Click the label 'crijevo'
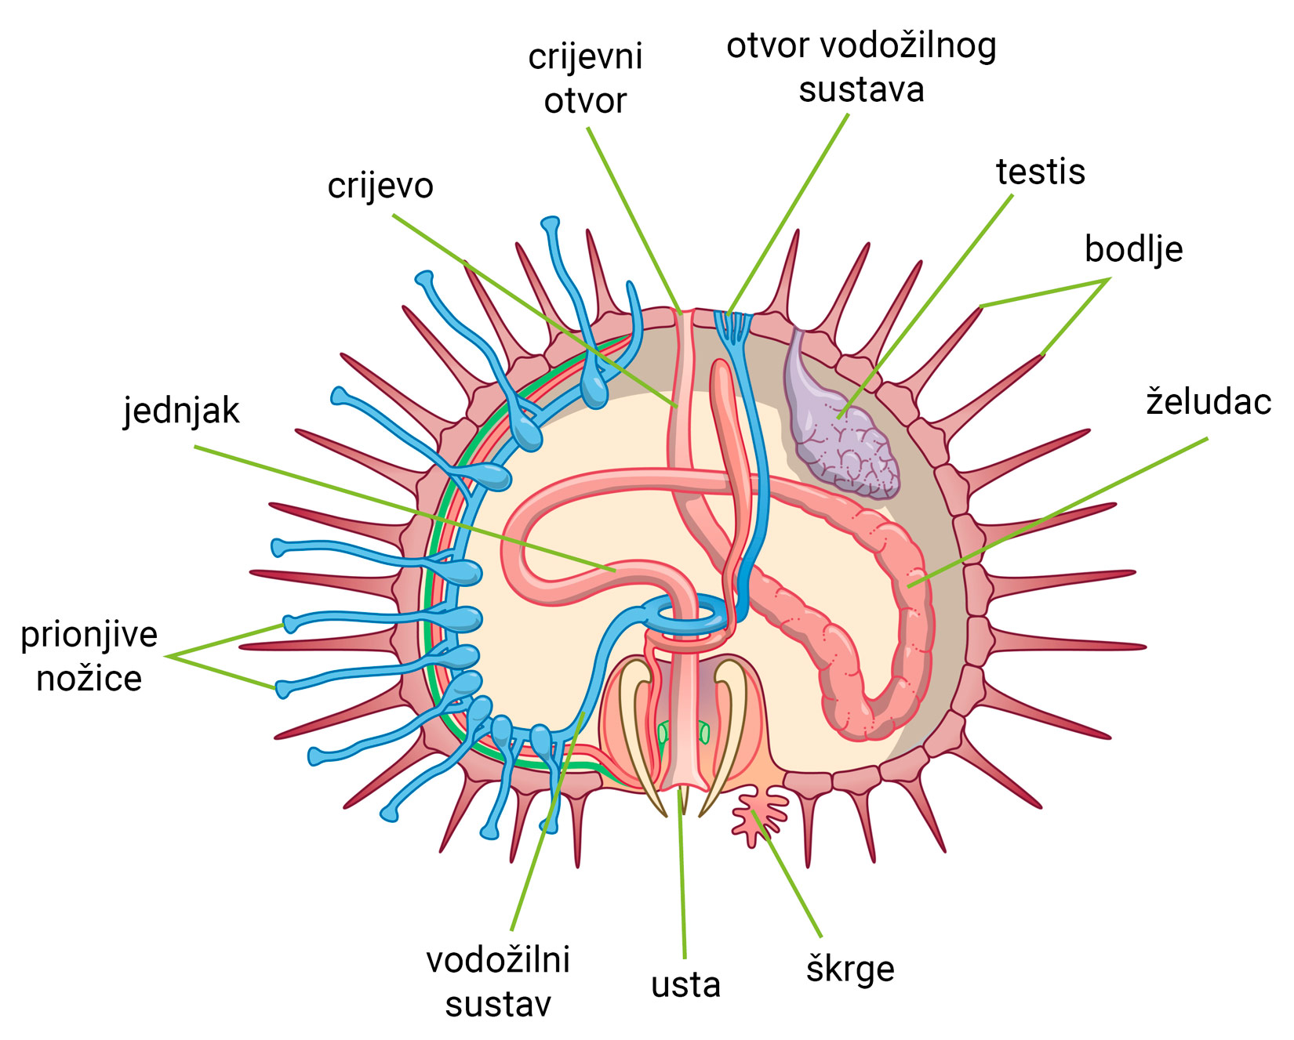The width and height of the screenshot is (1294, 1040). [x=380, y=187]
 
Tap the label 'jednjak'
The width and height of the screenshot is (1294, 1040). [x=181, y=411]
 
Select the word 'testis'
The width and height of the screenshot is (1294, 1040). [x=1041, y=172]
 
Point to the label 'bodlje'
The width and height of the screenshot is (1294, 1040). [x=1133, y=249]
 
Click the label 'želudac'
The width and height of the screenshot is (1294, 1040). [x=1209, y=402]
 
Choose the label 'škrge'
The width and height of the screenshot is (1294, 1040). [x=850, y=969]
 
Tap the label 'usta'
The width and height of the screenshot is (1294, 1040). [x=685, y=985]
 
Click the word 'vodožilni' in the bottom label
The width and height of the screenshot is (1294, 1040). [x=498, y=960]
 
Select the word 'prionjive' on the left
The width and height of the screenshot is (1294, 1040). [x=89, y=635]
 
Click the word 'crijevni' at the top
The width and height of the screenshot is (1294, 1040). [x=585, y=56]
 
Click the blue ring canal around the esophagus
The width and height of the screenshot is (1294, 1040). [x=690, y=615]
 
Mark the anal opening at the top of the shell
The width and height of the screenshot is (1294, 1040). [x=685, y=313]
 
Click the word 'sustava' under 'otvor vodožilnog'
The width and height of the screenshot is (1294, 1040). [x=861, y=90]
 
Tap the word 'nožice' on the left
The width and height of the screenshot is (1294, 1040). [x=89, y=679]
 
